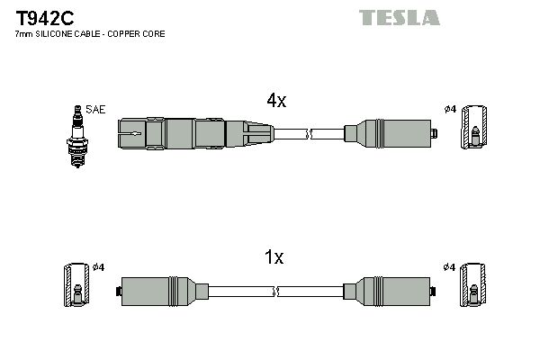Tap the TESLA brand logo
coord(400,17)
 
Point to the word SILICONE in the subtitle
coord(53,33)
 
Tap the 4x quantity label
coord(276,102)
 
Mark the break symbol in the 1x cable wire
coord(276,290)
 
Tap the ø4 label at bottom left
coord(99,266)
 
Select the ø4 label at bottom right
coord(450,266)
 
